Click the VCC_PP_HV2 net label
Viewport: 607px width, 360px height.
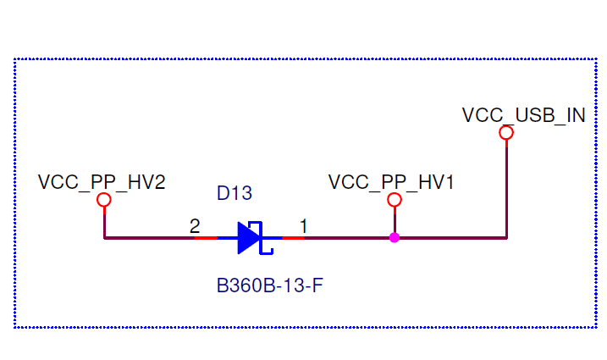coord(102,182)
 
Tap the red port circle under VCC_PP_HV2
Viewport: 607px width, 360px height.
coord(104,200)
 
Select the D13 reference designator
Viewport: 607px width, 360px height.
coord(235,193)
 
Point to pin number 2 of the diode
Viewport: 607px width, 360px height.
coord(195,226)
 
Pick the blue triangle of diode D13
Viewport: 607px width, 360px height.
coord(248,238)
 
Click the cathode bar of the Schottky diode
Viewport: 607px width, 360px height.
coord(262,238)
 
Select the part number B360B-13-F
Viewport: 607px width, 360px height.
coord(271,285)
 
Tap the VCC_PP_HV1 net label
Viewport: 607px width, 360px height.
coord(391,182)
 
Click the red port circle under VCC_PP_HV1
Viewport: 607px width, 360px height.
coord(394,200)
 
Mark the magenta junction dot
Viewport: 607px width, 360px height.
coord(394,238)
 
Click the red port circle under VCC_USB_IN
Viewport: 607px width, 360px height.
coord(506,133)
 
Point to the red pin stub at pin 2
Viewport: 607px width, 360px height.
coord(206,238)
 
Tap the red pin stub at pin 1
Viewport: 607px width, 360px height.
coord(293,238)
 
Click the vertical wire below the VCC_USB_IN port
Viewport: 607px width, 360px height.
coord(506,186)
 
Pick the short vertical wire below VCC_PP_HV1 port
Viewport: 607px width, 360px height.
coord(394,219)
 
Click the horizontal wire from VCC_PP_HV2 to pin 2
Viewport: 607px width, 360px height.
coord(148,238)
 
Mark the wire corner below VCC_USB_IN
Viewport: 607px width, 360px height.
coord(506,238)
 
